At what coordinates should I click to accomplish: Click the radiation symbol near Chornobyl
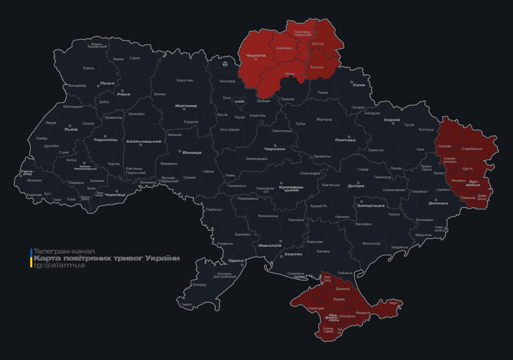point(225,64)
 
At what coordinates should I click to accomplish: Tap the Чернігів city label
point(256,55)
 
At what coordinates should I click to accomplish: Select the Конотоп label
point(317,67)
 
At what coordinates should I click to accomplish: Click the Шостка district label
point(318,43)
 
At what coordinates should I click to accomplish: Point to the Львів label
point(71,129)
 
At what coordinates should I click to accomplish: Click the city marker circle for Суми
point(352,82)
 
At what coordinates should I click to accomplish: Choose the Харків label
point(392,120)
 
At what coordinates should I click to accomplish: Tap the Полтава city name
point(345,140)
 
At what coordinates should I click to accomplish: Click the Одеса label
point(236,261)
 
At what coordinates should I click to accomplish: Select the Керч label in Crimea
point(394,303)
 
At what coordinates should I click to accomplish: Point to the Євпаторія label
point(316,308)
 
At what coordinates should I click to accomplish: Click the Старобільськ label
point(472,149)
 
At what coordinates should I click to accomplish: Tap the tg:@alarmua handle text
point(59,265)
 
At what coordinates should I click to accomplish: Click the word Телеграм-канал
point(64,251)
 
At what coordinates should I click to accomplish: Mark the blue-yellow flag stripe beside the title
point(31,258)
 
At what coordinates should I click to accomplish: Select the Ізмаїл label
point(187,304)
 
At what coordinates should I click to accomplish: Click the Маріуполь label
point(423,235)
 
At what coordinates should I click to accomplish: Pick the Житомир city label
point(186,106)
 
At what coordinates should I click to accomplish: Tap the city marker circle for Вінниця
point(180,151)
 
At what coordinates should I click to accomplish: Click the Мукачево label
point(34,180)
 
